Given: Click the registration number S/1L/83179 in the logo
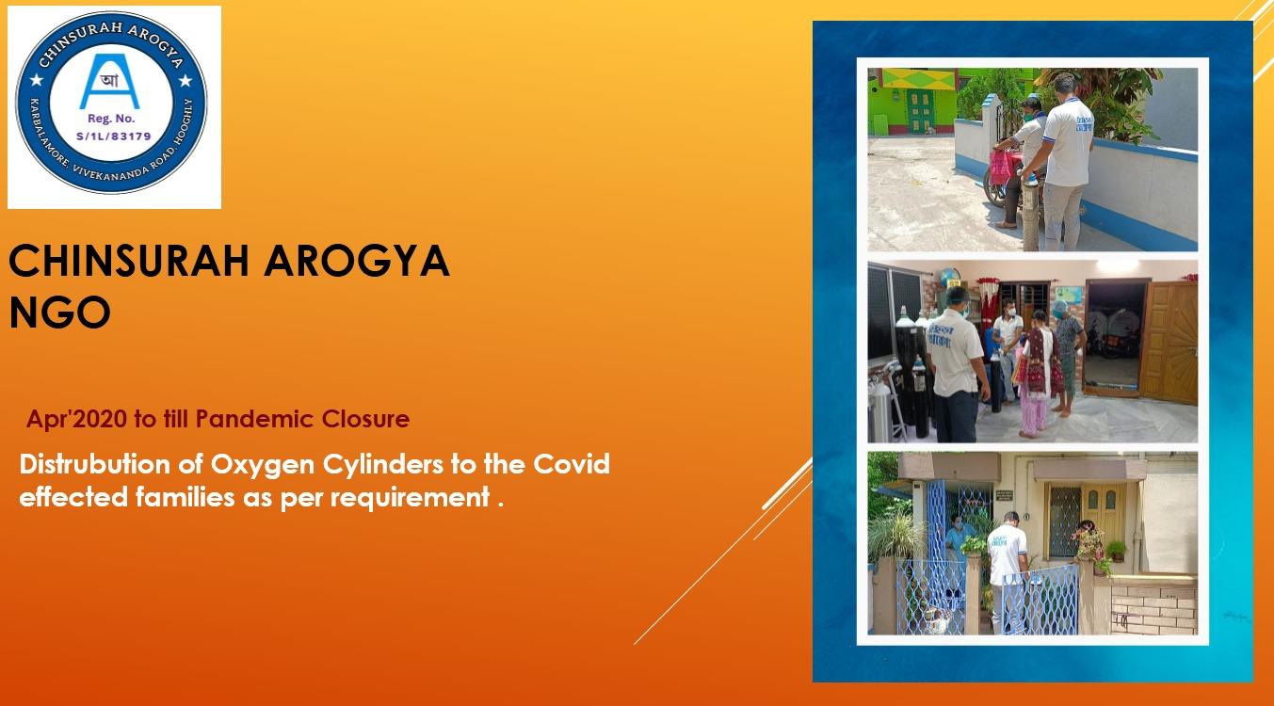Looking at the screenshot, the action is [113, 136].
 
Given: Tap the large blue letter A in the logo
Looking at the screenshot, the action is [109, 81].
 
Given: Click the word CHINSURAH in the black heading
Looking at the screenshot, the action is [129, 261].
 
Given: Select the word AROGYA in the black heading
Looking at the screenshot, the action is [357, 261].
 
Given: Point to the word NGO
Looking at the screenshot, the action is [59, 313].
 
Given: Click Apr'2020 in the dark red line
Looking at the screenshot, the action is [77, 420].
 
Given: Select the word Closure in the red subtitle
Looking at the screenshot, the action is [365, 419].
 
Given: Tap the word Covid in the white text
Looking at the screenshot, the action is [571, 464].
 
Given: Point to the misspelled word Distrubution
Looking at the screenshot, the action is [95, 464].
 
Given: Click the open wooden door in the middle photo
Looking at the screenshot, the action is [1169, 342].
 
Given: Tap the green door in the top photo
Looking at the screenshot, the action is [920, 111].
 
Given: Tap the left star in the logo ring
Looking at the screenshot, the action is [37, 80].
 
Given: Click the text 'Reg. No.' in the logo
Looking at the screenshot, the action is [111, 119].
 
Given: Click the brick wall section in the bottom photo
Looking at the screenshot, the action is [1153, 609].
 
